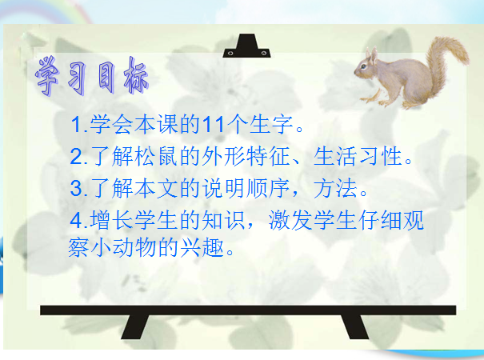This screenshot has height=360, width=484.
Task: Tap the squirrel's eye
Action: pyautogui.click(x=364, y=66)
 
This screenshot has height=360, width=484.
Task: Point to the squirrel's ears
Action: pyautogui.click(x=371, y=55)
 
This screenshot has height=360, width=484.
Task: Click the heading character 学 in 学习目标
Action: pyautogui.click(x=47, y=75)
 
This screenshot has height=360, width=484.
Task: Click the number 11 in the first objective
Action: pyautogui.click(x=214, y=125)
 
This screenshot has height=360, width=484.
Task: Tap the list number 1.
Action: pyautogui.click(x=77, y=125)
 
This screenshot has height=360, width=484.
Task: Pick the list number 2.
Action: pyautogui.click(x=77, y=156)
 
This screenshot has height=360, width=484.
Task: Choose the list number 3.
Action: pyautogui.click(x=77, y=188)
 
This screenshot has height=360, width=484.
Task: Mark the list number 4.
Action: pyautogui.click(x=77, y=220)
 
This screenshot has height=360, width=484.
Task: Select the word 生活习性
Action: pyautogui.click(x=358, y=156)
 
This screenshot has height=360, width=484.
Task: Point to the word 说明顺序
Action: pyautogui.click(x=246, y=188)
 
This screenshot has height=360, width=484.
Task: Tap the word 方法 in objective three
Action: pyautogui.click(x=336, y=188)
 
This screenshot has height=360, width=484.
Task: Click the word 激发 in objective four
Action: pyautogui.click(x=290, y=220)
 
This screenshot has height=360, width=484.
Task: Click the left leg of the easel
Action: pyautogui.click(x=135, y=326)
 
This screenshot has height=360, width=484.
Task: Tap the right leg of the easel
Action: pyautogui.click(x=355, y=326)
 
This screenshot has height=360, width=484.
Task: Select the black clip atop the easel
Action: pyautogui.click(x=246, y=46)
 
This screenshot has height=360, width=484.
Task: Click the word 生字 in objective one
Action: pyautogui.click(x=271, y=125)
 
